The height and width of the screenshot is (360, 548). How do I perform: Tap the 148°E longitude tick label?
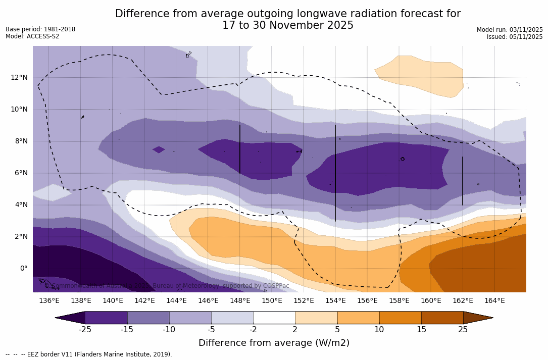tap(240, 300)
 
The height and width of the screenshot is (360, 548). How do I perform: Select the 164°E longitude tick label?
tap(494, 300)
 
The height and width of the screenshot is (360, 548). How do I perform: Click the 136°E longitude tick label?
tap(49, 300)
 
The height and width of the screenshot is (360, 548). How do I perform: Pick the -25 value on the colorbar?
tap(85, 330)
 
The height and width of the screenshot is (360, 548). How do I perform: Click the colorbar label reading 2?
tap(295, 330)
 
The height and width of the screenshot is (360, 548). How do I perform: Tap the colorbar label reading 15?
tap(421, 330)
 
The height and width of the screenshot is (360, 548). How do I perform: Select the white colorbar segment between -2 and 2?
tap(274, 318)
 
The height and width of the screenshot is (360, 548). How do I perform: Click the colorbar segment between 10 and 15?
tap(400, 318)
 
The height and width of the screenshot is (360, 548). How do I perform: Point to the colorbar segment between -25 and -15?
tap(106, 318)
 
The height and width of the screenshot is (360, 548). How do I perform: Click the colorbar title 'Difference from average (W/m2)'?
tap(274, 343)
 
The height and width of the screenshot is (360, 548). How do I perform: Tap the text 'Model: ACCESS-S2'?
tap(32, 36)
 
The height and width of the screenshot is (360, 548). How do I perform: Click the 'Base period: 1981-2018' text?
tap(40, 29)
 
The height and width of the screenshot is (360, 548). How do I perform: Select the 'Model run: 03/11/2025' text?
tap(510, 30)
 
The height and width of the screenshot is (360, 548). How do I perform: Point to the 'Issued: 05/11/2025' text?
tap(515, 37)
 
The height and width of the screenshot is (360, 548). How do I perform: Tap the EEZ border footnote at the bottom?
tap(89, 354)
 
